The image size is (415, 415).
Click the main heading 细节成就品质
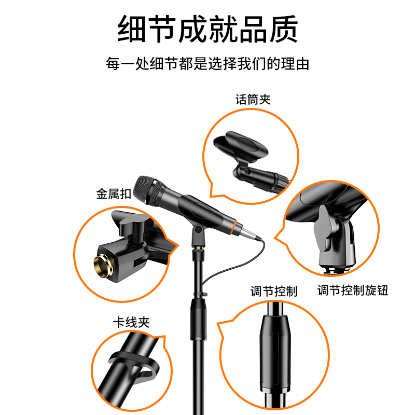[208, 29]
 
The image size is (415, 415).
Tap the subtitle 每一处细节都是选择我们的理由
[208, 63]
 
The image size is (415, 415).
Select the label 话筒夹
[253, 100]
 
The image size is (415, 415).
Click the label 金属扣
[114, 193]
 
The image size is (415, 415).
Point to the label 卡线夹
[131, 322]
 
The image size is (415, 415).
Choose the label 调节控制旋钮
[353, 290]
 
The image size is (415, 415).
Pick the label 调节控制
[274, 291]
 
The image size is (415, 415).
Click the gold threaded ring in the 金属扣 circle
[103, 266]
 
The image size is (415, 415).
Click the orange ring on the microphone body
[233, 227]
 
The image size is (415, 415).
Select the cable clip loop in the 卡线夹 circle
[134, 367]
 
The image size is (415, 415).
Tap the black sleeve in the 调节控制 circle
[275, 354]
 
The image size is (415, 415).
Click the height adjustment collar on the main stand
[198, 319]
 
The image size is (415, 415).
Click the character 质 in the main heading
[284, 29]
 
